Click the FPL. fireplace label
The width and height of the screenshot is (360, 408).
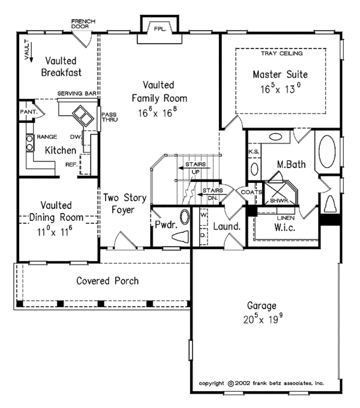pos(160,29)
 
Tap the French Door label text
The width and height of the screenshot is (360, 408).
pos(83,23)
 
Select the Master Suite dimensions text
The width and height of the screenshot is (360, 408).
pos(281,89)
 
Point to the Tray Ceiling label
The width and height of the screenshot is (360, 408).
pos(282,53)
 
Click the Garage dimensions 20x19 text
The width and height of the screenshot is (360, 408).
pos(263,319)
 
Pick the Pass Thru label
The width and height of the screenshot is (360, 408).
pos(109,117)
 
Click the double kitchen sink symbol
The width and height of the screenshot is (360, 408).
pos(83,116)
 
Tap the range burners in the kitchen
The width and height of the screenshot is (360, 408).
pos(29,143)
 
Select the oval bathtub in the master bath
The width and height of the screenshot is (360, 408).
pos(327,151)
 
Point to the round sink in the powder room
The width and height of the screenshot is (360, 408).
pos(185,217)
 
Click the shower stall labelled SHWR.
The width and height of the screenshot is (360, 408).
pos(280,193)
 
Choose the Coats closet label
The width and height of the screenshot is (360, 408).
pos(251,192)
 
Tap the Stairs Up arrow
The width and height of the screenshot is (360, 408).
pos(194,168)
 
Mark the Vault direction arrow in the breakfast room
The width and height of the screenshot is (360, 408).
pos(31,52)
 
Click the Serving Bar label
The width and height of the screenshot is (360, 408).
pos(77,93)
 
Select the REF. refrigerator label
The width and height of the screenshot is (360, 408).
pos(71,164)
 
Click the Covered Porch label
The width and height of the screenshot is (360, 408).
pos(107,281)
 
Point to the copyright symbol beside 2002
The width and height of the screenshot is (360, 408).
pos(231,383)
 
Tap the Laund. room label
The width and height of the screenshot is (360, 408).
pos(227,226)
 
